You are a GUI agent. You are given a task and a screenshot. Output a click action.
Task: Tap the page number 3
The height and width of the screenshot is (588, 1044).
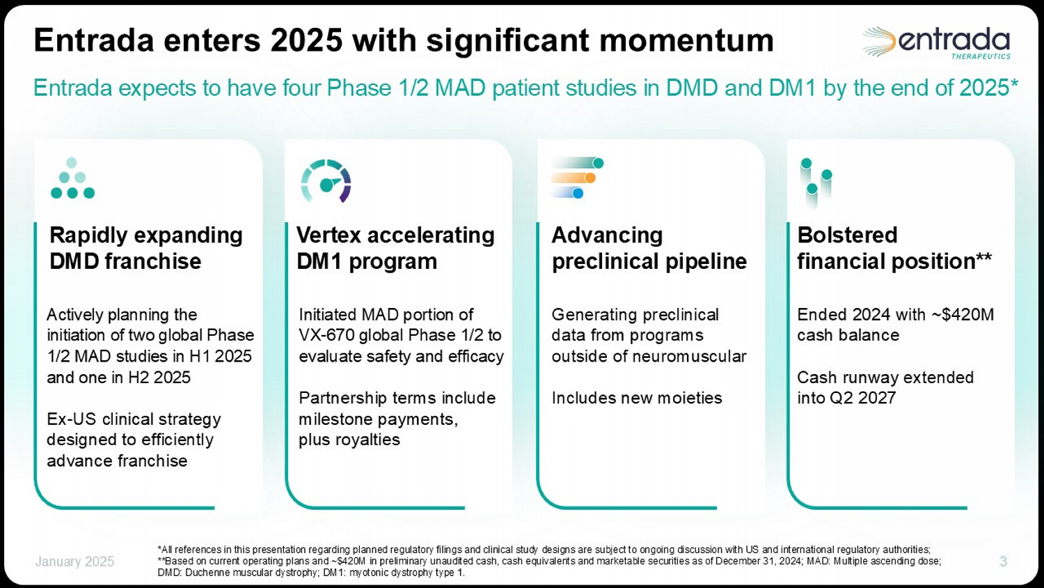(x=1004, y=561)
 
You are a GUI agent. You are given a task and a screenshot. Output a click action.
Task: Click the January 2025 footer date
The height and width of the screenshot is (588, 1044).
(x=74, y=562)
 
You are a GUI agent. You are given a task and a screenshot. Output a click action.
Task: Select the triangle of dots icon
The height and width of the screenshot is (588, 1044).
(x=72, y=178)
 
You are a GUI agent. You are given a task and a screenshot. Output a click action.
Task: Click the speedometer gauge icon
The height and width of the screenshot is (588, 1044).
(x=326, y=181)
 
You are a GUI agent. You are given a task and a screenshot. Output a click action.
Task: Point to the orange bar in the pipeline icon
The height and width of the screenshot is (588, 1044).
(x=573, y=178)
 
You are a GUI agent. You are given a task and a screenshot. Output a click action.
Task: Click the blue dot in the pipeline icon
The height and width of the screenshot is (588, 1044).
(x=578, y=193)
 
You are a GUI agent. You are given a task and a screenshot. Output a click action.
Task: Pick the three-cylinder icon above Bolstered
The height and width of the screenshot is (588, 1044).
(x=816, y=183)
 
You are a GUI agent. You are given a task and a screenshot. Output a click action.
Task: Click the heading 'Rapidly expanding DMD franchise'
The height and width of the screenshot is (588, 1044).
(x=146, y=248)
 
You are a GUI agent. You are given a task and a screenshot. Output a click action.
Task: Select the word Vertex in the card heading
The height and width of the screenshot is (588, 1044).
(x=329, y=235)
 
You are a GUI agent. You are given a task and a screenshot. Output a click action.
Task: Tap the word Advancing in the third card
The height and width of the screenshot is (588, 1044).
(x=607, y=235)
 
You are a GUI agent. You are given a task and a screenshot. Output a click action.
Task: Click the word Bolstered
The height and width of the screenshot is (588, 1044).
(x=847, y=235)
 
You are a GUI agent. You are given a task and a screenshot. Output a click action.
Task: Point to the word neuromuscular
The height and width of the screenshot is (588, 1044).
(x=695, y=357)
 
